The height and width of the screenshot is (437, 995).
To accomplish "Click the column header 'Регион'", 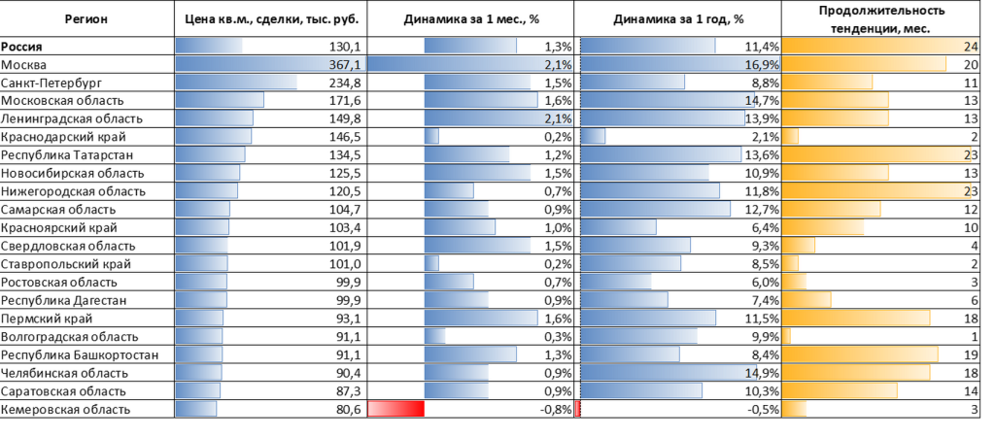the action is click(86, 19).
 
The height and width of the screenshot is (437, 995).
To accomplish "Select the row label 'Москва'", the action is click(23, 65).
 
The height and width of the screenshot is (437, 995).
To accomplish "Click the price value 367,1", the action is click(345, 65).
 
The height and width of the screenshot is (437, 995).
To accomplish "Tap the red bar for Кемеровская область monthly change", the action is click(396, 409).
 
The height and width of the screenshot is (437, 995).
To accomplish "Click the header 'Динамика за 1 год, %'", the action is click(678, 19).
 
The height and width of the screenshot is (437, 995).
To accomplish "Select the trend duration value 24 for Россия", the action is click(971, 47).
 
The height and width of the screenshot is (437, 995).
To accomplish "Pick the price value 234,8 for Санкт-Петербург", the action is click(345, 84).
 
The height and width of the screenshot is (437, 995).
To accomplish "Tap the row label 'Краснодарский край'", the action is click(63, 137).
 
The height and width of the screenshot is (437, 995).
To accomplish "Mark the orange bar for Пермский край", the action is click(856, 319).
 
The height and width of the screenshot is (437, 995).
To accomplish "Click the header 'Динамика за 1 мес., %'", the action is click(471, 19).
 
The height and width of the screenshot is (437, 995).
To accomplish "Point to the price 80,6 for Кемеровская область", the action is click(349, 410).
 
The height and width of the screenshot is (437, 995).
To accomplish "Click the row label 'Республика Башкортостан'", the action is click(80, 355).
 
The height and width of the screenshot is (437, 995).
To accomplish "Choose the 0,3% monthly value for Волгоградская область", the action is click(559, 337).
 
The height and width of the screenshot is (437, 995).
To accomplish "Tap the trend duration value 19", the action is click(971, 355).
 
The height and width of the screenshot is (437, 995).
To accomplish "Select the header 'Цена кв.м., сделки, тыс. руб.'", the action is click(272, 19).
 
